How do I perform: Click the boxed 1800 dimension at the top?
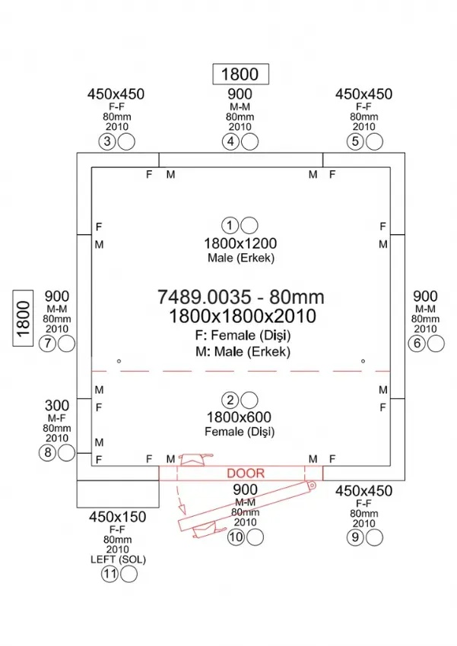[x=240, y=74]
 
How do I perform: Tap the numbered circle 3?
[x=108, y=141]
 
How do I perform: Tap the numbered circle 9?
[x=354, y=537]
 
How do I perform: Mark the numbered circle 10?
[x=235, y=537]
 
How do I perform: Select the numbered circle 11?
[x=110, y=575]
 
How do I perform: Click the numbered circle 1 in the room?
[x=230, y=225]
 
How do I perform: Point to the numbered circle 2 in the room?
[x=230, y=400]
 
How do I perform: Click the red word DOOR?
[x=246, y=473]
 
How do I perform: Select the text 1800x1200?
[x=240, y=243]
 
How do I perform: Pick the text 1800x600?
[x=240, y=417]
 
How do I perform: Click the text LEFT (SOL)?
[x=117, y=559]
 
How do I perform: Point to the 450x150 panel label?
[x=117, y=518]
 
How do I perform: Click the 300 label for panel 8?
[x=57, y=405]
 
